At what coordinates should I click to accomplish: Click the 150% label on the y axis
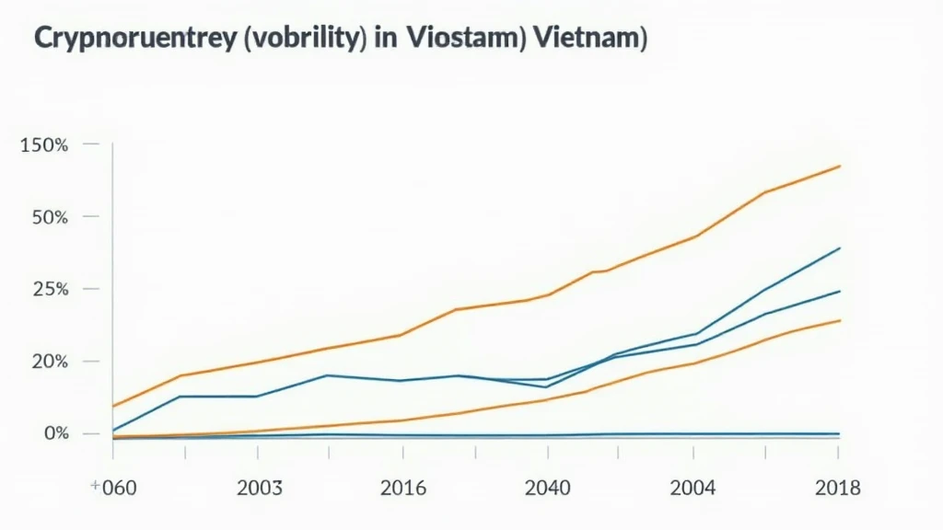click(42, 145)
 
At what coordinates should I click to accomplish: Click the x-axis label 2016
click(402, 487)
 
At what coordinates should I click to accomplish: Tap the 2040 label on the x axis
click(547, 487)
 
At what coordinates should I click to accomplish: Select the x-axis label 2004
click(693, 487)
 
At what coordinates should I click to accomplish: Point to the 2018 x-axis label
click(838, 487)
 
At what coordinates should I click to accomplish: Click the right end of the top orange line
click(840, 166)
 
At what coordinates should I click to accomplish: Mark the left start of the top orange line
click(112, 406)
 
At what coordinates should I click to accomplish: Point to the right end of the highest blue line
click(840, 248)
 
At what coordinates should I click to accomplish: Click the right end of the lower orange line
click(840, 319)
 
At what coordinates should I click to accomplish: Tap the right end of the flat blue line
click(840, 433)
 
